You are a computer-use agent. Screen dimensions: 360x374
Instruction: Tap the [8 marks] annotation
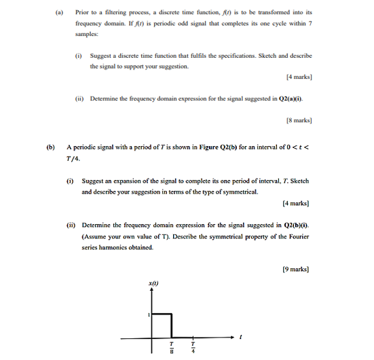pyautogui.click(x=299, y=121)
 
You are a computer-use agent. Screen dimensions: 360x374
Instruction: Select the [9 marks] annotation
pyautogui.click(x=296, y=269)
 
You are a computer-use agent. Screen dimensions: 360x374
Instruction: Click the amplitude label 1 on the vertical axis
pyautogui.click(x=148, y=314)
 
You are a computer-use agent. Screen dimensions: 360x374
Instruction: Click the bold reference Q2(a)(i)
pyautogui.click(x=286, y=98)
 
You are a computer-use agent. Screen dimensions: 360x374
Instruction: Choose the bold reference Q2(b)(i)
pyautogui.click(x=293, y=225)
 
